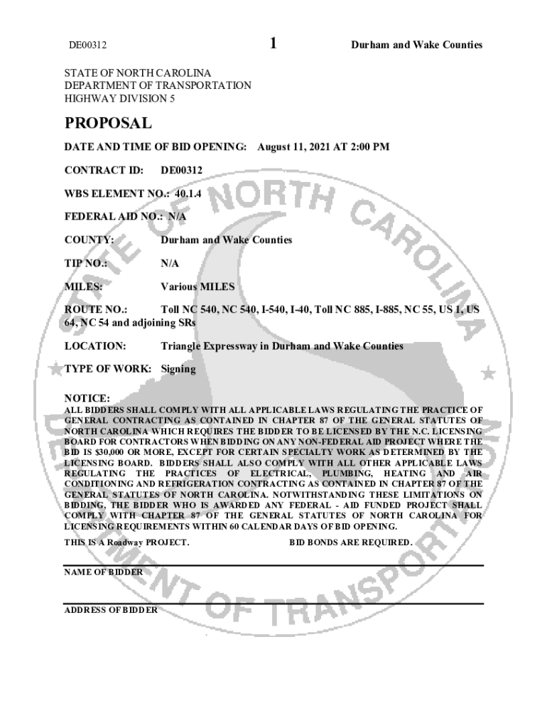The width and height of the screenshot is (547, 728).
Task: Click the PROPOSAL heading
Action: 108,123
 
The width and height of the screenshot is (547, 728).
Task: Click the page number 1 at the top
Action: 273,44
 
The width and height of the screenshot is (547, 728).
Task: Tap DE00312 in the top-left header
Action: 87,45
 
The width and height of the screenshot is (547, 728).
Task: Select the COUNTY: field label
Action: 89,240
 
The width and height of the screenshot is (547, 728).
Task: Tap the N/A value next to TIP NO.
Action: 170,263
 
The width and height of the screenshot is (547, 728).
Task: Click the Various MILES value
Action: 197,287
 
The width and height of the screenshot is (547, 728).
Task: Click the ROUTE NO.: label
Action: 96,310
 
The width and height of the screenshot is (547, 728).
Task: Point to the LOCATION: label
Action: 95,346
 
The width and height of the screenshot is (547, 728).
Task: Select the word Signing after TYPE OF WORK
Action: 178,370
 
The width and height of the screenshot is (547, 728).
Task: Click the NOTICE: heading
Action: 87,398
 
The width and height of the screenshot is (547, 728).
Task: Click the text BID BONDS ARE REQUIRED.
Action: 350,542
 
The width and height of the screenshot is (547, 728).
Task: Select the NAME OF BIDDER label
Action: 103,572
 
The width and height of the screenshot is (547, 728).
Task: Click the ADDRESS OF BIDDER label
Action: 111,610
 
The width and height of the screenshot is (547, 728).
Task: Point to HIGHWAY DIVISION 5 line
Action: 119,98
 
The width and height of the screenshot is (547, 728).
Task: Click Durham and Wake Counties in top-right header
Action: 416,45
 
